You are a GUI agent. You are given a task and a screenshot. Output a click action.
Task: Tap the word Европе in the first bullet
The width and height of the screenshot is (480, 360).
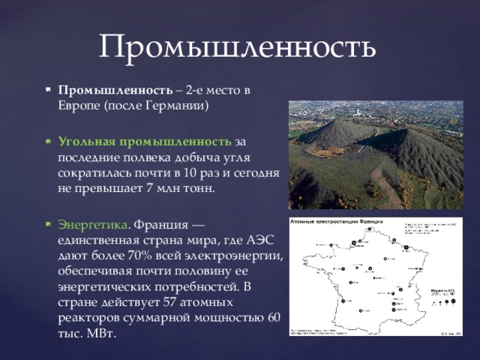[78, 106]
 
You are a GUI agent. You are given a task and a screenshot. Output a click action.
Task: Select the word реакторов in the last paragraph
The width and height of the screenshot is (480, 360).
[88, 318]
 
